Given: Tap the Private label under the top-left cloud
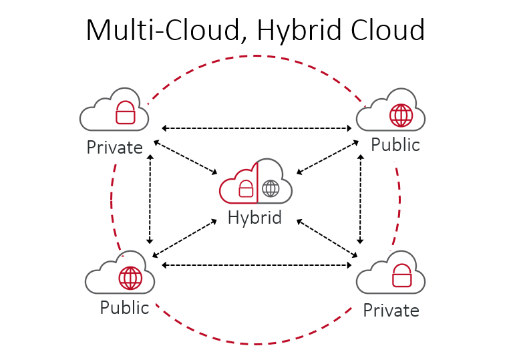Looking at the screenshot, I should (114, 147).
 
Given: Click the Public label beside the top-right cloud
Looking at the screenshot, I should (395, 144).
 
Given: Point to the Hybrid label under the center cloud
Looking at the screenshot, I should (254, 218).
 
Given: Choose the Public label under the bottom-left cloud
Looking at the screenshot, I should (124, 308).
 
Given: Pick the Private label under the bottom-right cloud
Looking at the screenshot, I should (391, 310).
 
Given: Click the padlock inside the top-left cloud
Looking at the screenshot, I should (125, 113).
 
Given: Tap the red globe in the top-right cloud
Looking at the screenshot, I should (401, 115).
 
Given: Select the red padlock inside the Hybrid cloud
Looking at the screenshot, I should (246, 188).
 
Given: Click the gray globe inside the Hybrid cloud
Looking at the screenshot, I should (271, 188).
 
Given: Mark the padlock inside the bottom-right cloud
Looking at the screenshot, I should (401, 275).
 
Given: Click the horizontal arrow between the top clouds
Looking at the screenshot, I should (257, 127).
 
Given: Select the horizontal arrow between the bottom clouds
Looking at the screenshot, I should (257, 266).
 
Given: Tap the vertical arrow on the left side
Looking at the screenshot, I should (150, 199).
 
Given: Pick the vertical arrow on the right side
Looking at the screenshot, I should (361, 198).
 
